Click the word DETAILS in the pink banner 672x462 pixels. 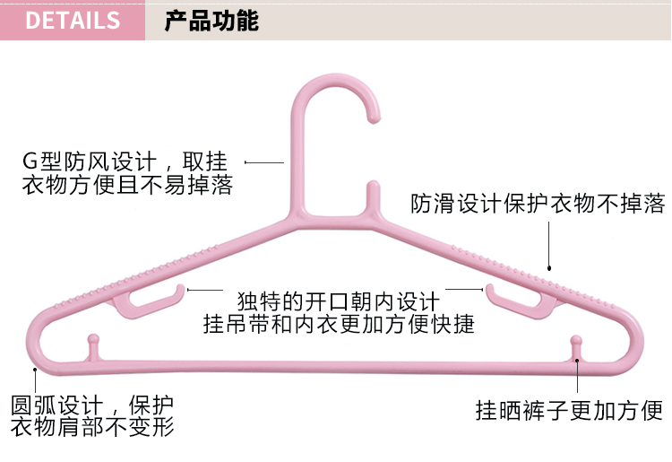[73, 20]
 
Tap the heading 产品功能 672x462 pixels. [211, 21]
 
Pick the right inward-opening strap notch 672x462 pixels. [520, 300]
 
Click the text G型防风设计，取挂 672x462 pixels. [125, 162]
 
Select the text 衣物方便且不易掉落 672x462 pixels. [126, 187]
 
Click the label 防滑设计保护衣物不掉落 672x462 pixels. [538, 204]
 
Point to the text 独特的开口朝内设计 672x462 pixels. [337, 300]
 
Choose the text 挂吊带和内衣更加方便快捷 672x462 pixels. [338, 323]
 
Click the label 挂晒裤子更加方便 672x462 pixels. [569, 411]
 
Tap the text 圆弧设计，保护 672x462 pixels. [92, 404]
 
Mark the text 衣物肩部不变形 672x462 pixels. [92, 427]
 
